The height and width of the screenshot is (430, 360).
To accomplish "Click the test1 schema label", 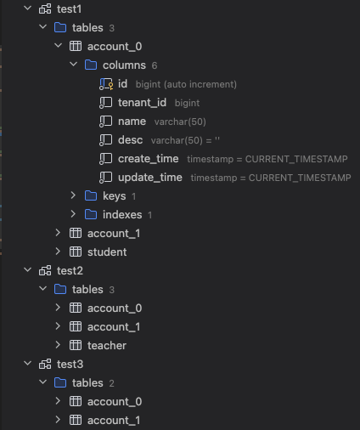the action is pyautogui.click(x=70, y=9).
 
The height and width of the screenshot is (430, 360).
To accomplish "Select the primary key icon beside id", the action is pyautogui.click(x=106, y=84).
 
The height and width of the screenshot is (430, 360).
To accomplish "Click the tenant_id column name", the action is pyautogui.click(x=142, y=103).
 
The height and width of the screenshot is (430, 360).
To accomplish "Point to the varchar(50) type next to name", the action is pyautogui.click(x=180, y=122).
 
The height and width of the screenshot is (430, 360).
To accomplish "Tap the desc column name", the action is pyautogui.click(x=131, y=140).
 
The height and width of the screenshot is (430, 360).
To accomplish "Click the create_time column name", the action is pyautogui.click(x=149, y=159).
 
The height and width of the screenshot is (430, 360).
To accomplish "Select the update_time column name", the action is pyautogui.click(x=150, y=178).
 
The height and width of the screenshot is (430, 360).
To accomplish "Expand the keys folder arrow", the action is pyautogui.click(x=73, y=195).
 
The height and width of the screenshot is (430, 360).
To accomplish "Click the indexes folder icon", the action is pyautogui.click(x=91, y=214).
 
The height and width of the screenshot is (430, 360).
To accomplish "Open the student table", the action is pyautogui.click(x=107, y=252).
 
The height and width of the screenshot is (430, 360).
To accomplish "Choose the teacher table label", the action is pyautogui.click(x=107, y=345).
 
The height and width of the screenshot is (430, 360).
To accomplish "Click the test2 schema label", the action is pyautogui.click(x=70, y=270).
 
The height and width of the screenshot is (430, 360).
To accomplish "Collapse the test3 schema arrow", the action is pyautogui.click(x=28, y=364).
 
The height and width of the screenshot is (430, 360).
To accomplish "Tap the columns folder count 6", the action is pyautogui.click(x=155, y=65).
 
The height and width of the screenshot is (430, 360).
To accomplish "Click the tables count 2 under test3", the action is pyautogui.click(x=111, y=383).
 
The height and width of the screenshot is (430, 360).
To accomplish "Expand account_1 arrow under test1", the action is pyautogui.click(x=58, y=233).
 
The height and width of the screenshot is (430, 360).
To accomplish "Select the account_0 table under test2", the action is pyautogui.click(x=115, y=308).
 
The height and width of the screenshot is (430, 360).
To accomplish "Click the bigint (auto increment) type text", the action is pyautogui.click(x=186, y=84).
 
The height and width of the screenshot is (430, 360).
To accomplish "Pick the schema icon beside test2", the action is pyautogui.click(x=45, y=270).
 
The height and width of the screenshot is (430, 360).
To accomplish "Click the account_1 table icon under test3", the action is pyautogui.click(x=76, y=420).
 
